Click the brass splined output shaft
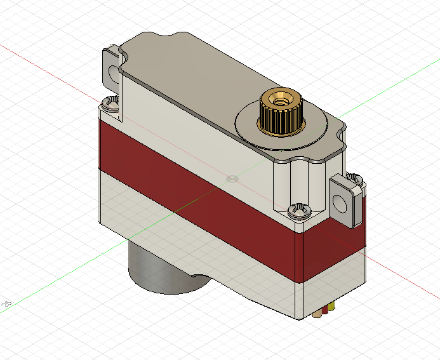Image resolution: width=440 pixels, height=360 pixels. click(280, 117)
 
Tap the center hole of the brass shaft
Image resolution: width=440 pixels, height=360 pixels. click(279, 99)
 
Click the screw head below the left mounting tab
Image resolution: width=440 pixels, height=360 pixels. click(112, 102)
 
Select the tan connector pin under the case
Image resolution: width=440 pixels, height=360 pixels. click(318, 313)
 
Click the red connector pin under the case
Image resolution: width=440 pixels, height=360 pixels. click(325, 310)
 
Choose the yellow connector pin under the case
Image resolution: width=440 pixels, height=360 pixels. click(331, 307)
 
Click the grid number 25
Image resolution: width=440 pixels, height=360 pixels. click(8, 304)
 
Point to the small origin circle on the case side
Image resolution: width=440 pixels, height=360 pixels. click(232, 178)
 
